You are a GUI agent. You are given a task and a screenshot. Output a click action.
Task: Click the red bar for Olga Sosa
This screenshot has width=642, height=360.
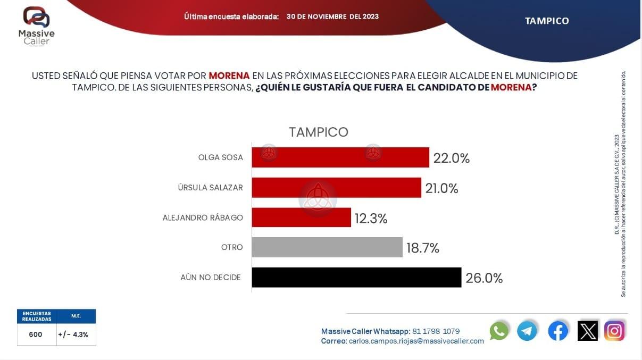coord(340,157)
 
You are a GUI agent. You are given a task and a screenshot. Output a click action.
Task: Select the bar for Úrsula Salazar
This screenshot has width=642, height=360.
coord(336,188)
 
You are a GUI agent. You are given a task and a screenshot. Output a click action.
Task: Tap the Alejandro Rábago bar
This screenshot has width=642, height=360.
coord(301,217)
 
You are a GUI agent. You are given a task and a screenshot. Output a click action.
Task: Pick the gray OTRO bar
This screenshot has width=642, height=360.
coord(327,247)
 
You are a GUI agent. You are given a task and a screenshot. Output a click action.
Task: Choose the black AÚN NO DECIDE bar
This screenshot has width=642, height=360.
coord(356,278)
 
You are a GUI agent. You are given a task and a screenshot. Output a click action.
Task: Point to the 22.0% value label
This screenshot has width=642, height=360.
coord(452,158)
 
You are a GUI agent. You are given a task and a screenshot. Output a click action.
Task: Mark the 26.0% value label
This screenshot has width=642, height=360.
coord(484,278)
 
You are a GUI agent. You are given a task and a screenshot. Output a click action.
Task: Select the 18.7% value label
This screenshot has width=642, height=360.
coord(422,248)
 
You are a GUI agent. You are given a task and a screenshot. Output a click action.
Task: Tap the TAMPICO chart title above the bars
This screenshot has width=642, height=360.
coord(319,132)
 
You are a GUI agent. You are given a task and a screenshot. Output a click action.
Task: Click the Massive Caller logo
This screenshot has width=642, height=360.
coord(36,26)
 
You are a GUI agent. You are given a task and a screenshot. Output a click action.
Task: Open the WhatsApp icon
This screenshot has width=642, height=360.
coord(499,331)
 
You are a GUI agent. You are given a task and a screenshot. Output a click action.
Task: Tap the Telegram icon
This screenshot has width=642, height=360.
coord(527,331)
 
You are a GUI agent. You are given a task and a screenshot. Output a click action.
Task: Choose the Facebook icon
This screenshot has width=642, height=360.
coord(558,331)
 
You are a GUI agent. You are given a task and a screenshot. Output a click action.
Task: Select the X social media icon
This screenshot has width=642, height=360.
coord(587,331)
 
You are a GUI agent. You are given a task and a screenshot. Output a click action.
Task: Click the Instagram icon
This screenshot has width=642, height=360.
coord(614,331)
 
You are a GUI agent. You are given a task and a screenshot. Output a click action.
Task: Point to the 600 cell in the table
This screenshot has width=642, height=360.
coord(36,335)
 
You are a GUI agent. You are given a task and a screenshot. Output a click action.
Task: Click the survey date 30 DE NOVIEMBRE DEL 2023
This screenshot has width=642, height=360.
coord(332,16)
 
